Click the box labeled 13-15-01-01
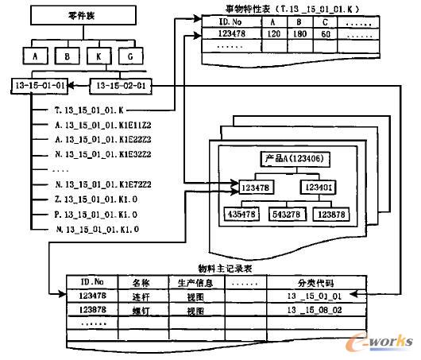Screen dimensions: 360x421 click(39, 84)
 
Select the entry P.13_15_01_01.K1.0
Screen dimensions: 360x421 click(92, 215)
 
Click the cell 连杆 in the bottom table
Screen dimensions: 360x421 click(141, 296)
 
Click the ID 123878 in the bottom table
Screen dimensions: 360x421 click(93, 309)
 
